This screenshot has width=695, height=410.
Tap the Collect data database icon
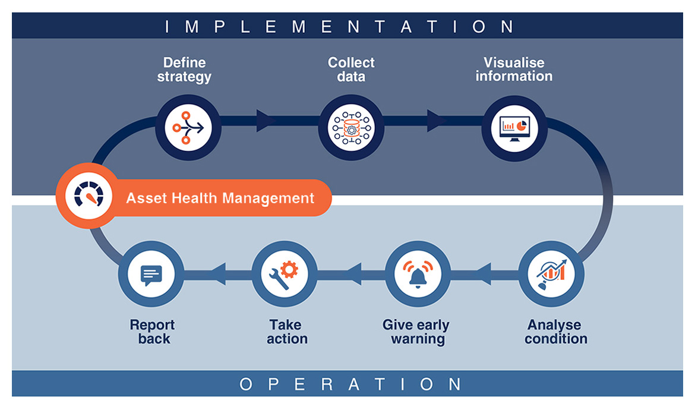click(x=350, y=127)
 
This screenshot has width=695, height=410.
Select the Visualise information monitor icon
click(x=514, y=127)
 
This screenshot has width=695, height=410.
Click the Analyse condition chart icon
click(x=551, y=275)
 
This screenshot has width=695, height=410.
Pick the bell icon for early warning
click(x=418, y=275)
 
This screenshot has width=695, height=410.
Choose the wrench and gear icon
click(x=285, y=275)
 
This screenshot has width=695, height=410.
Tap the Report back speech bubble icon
click(x=151, y=275)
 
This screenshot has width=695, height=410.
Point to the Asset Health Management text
click(x=220, y=197)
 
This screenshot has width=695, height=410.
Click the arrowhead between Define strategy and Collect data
click(x=265, y=121)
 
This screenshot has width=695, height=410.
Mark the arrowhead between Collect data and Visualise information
click(x=436, y=121)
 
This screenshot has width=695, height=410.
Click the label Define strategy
click(x=184, y=70)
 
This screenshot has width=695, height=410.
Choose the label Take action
click(x=287, y=332)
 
